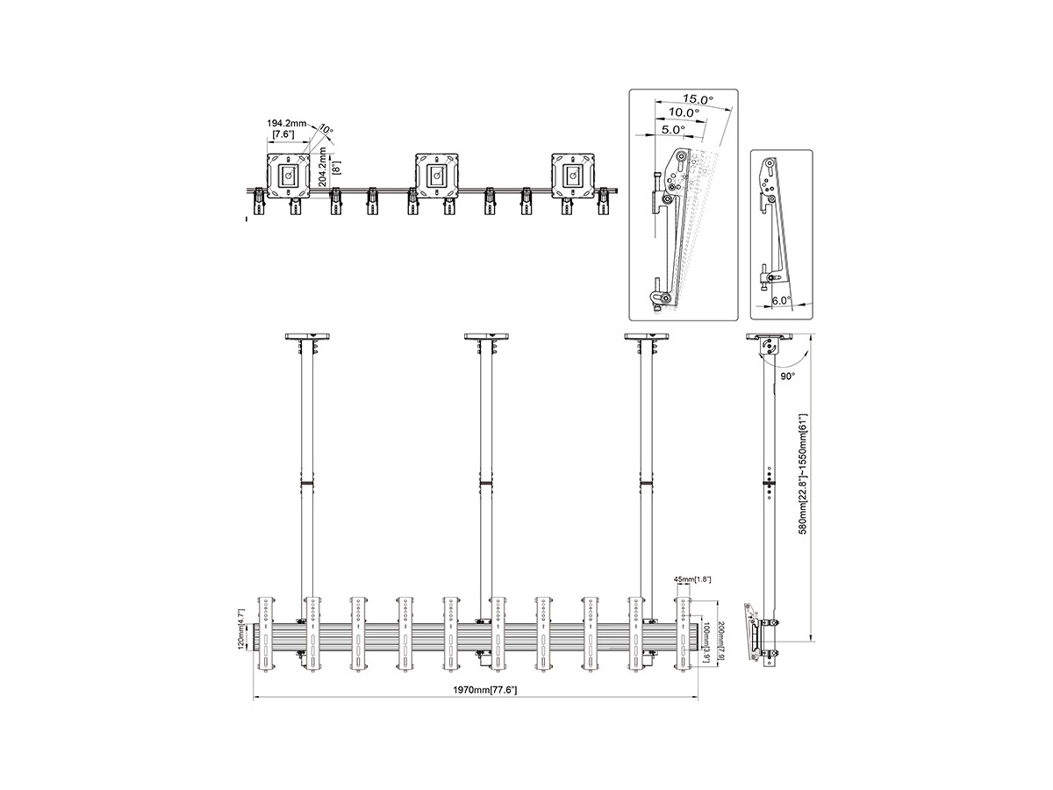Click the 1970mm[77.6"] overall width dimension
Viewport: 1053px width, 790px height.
[x=485, y=690]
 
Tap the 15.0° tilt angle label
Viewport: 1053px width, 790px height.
[x=698, y=99]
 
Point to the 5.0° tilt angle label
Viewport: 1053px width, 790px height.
[x=673, y=130]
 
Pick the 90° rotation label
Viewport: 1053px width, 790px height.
[x=787, y=377]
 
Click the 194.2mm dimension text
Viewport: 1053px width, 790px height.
[x=286, y=123]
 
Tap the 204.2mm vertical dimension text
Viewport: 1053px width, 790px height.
[x=322, y=167]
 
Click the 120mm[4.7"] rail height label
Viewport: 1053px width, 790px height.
[x=241, y=629]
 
